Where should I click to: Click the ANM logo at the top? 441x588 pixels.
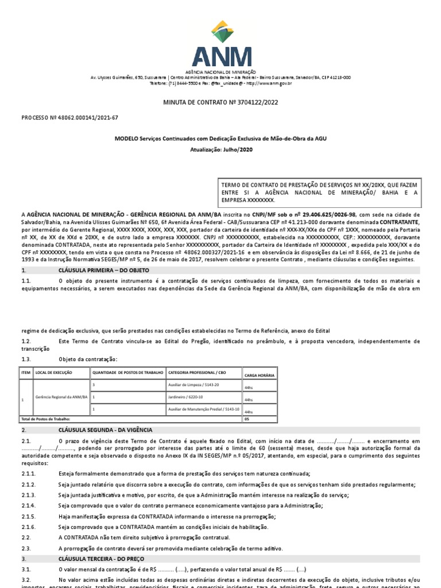[x=221, y=45]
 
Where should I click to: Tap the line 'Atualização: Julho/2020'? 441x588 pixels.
[x=221, y=149]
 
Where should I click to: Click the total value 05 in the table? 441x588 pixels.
[x=247, y=419]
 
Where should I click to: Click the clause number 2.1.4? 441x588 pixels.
[x=29, y=505]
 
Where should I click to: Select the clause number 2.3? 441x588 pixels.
[x=26, y=548]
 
